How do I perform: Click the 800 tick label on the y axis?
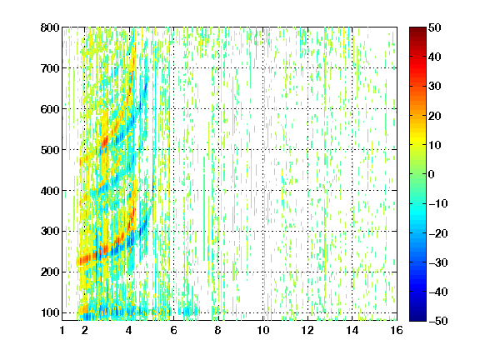click(50, 27)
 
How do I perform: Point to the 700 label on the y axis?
click(50, 68)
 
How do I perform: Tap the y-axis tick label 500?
click(50, 150)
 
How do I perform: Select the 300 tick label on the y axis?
click(50, 232)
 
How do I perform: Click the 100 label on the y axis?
click(50, 312)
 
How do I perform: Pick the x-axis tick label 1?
click(62, 330)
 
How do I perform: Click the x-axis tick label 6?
click(173, 330)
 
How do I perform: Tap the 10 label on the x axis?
click(263, 330)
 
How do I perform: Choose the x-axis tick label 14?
click(352, 330)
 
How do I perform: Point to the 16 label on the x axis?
click(397, 330)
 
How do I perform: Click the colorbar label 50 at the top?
click(434, 27)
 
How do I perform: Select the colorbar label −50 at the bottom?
click(438, 321)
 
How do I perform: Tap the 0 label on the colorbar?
click(432, 174)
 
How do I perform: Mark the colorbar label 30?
click(434, 87)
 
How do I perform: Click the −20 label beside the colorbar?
click(438, 233)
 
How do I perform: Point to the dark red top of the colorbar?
click(417, 30)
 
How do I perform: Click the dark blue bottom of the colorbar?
click(417, 317)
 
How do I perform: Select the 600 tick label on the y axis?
click(50, 109)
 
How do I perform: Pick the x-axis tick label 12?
click(307, 330)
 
